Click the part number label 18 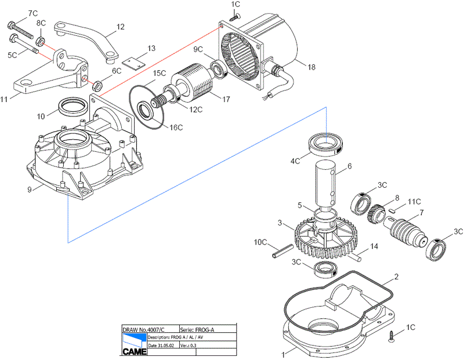point(312,67)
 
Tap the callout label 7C point(33,12)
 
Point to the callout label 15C point(160,74)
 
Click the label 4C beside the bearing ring point(296,161)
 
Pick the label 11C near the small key point(414,202)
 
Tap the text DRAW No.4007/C point(143,329)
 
